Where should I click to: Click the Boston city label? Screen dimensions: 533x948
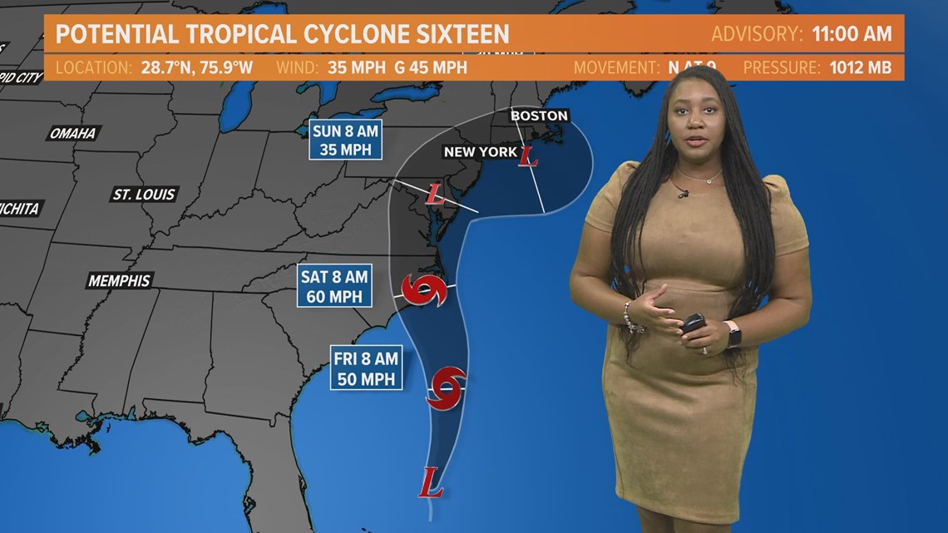[x=539, y=116]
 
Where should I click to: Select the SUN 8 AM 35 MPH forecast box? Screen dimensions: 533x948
[x=347, y=140]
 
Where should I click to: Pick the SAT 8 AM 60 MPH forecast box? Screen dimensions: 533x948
[x=334, y=287]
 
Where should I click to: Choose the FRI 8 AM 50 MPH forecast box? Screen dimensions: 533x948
[x=366, y=369]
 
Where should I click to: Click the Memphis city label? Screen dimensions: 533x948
[x=119, y=281]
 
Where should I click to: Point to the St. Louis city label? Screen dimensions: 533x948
[x=144, y=195]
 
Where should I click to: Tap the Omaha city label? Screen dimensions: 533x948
[x=72, y=133]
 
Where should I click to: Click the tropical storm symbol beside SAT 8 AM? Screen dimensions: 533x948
[x=425, y=289]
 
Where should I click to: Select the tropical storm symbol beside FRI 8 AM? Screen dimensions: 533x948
[x=446, y=387]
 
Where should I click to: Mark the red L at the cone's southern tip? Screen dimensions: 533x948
[x=430, y=482]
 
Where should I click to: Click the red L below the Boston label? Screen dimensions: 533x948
[x=527, y=155]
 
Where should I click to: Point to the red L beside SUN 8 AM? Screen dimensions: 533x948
[x=434, y=195]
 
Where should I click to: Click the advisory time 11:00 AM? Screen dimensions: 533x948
[x=852, y=35]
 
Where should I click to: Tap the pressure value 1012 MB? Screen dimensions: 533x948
[x=860, y=67]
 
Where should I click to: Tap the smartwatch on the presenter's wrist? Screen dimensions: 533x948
[x=733, y=333]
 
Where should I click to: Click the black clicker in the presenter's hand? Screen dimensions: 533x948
[x=692, y=323]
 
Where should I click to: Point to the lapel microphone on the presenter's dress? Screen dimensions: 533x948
[x=683, y=194]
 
